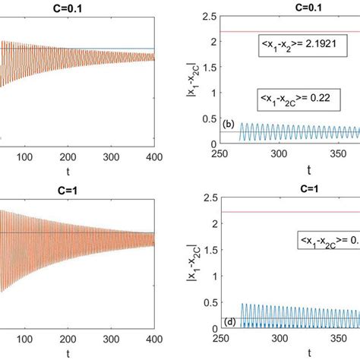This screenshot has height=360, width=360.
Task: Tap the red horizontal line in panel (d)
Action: [289, 212]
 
